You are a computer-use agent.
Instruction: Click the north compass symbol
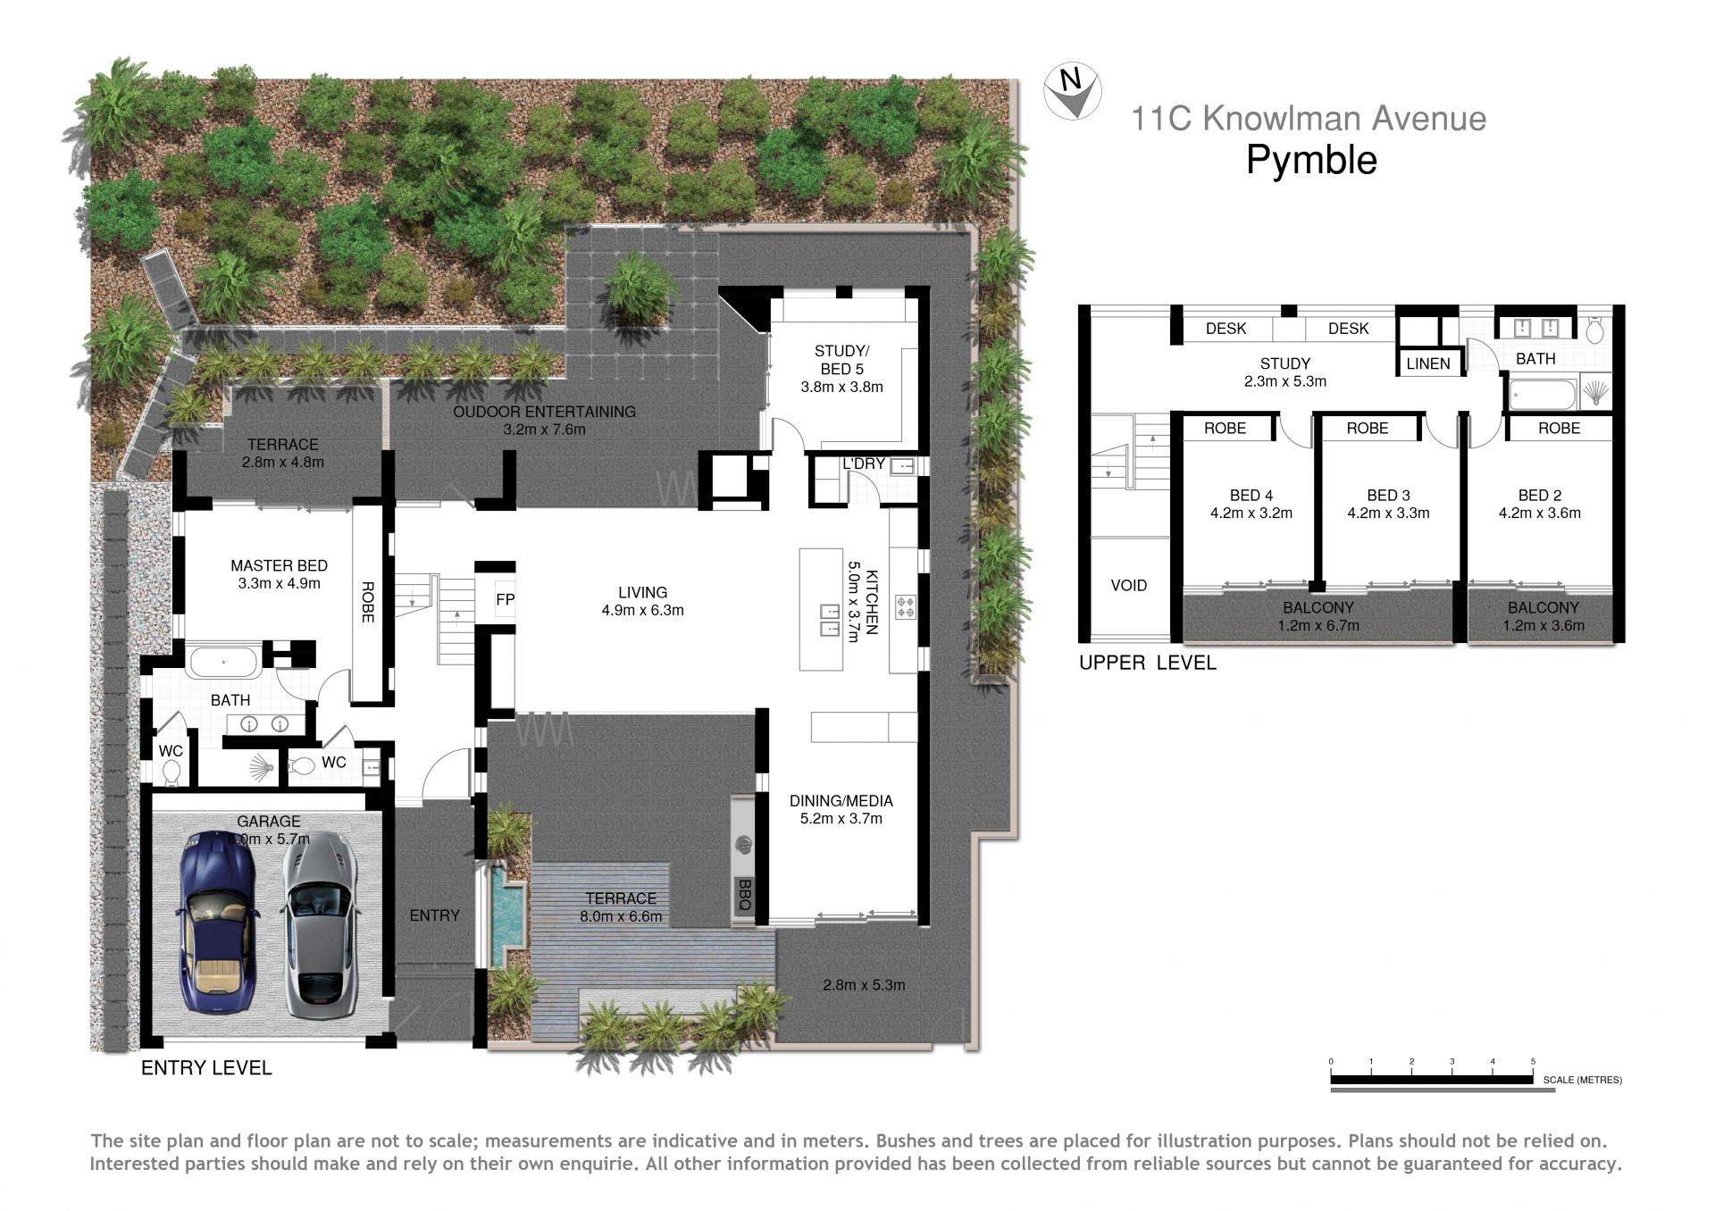pos(1072,91)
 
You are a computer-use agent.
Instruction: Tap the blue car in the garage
pos(218,922)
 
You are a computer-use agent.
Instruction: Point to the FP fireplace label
pos(505,599)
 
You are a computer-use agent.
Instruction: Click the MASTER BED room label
pos(279,565)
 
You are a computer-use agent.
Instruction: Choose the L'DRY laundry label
pos(864,464)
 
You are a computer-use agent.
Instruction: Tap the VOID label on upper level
pos(1128,585)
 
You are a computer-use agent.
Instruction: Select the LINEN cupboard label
pos(1427,363)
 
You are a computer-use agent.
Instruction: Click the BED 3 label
pos(1388,495)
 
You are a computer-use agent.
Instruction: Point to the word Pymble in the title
pos(1311,160)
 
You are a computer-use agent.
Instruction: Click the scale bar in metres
pos(1432,1080)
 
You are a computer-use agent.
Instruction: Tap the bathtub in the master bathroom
pos(222,663)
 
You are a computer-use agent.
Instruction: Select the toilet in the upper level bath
pos(1595,330)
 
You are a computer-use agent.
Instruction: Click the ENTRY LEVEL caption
pos(206,1067)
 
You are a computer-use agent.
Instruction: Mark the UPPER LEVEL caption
pos(1147,663)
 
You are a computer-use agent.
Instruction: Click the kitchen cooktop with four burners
pos(906,607)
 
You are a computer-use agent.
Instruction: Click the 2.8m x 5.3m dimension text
pos(864,985)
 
